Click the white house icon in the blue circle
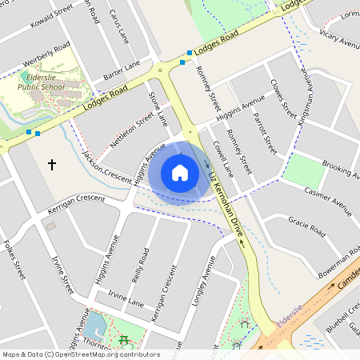tap(180, 173)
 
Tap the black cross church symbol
tap(52, 165)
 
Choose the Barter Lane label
tap(122, 70)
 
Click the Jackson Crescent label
tap(106, 169)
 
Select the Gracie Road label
tap(306, 227)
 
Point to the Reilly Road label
tap(142, 266)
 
